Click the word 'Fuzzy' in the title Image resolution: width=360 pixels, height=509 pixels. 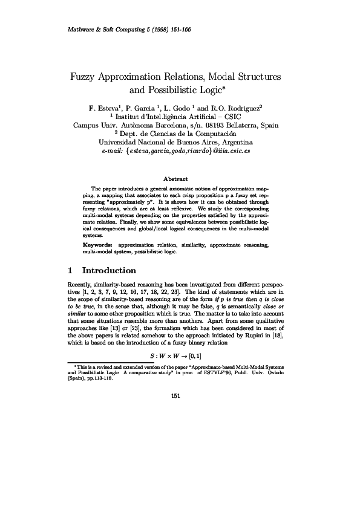(x=86, y=78)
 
